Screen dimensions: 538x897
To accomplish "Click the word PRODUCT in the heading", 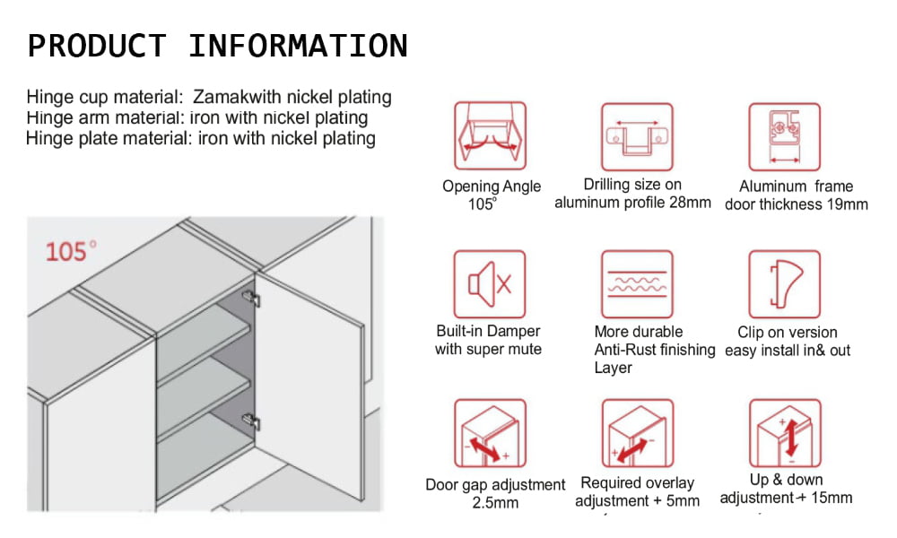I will tap(97, 46).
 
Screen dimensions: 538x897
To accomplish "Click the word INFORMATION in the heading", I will tap(298, 46).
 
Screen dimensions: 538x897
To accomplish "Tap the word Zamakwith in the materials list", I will tap(241, 97).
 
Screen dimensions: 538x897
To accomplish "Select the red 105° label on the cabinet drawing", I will tap(72, 251).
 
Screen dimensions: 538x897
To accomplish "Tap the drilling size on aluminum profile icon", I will tap(636, 136).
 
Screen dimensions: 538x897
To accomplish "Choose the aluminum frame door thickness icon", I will tap(784, 136).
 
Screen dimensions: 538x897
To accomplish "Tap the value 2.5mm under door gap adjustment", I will tap(495, 502).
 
